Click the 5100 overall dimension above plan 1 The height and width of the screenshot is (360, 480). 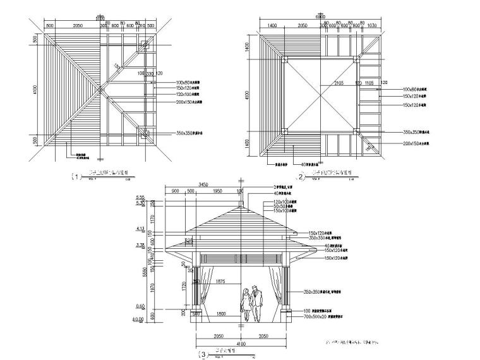click(100, 19)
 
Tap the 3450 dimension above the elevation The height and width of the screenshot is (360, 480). click(204, 184)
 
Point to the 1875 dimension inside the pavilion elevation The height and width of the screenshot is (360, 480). click(219, 280)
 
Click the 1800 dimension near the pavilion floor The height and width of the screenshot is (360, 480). click(220, 313)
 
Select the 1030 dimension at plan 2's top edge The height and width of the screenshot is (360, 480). click(372, 25)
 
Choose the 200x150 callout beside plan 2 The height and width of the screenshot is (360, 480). click(413, 143)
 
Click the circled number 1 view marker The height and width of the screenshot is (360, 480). click(78, 177)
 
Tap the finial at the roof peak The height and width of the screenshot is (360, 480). click(240, 203)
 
